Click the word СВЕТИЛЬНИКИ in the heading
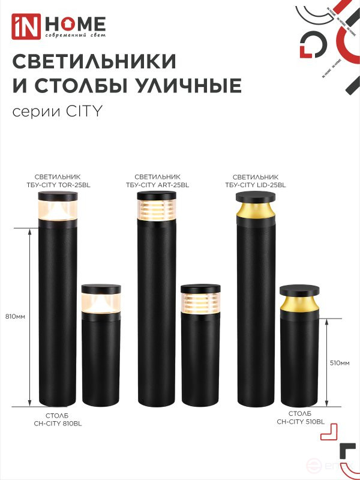(94, 61)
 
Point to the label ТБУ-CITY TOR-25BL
(58, 185)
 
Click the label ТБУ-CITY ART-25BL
(157, 185)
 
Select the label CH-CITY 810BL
(58, 423)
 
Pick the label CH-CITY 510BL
(300, 422)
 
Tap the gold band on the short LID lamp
(299, 304)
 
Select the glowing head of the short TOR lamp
(101, 301)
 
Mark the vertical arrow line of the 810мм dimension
(30, 316)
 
